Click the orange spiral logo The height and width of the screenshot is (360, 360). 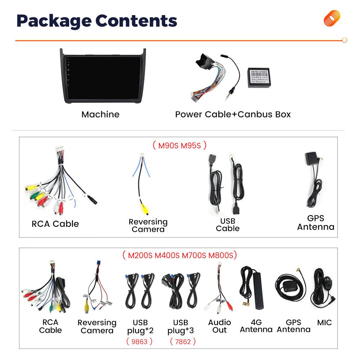click(x=332, y=18)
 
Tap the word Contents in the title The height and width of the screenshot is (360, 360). click(x=136, y=21)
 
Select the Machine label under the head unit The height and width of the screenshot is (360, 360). click(x=100, y=114)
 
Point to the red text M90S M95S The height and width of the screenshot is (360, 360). click(x=179, y=145)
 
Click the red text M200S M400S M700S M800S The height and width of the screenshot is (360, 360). click(x=179, y=256)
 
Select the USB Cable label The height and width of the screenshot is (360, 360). click(x=228, y=225)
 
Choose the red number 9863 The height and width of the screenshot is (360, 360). click(x=139, y=341)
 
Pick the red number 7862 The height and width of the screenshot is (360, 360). click(x=183, y=341)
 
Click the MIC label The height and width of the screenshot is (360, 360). click(x=324, y=323)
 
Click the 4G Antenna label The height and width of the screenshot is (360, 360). click(x=256, y=326)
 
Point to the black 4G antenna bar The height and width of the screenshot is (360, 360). click(x=258, y=292)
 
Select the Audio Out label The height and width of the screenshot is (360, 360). click(x=219, y=326)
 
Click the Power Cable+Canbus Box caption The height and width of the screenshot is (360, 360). click(x=233, y=114)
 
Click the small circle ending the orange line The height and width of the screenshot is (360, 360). click(x=344, y=40)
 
